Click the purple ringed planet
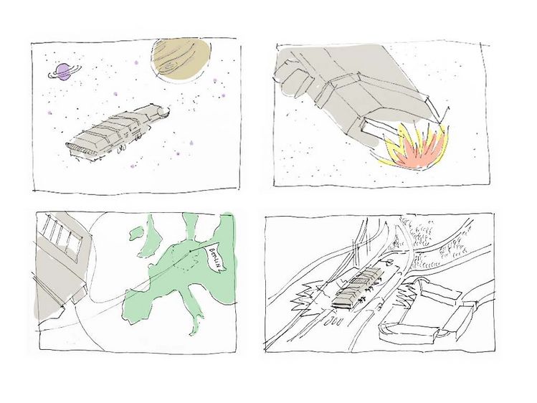click(x=64, y=72)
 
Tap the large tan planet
click(x=181, y=59)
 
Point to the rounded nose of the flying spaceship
click(x=164, y=111)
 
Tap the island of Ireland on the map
click(x=137, y=233)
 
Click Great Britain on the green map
click(x=152, y=236)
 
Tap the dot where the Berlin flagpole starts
click(x=191, y=252)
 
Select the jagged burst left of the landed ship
click(x=307, y=297)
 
